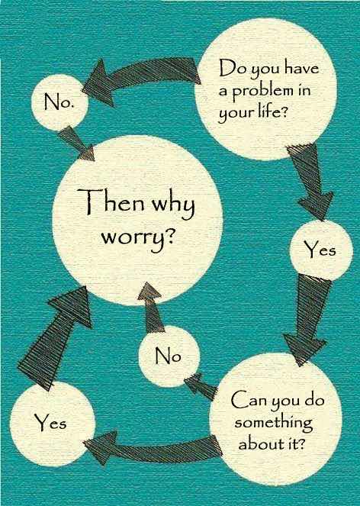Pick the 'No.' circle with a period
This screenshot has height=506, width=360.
click(59, 102)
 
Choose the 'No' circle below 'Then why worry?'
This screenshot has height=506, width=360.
click(169, 356)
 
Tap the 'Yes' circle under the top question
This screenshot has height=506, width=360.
click(320, 250)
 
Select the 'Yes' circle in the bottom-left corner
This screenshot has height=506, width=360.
click(53, 423)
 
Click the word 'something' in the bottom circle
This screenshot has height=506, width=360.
click(274, 424)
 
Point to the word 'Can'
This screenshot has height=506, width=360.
click(247, 401)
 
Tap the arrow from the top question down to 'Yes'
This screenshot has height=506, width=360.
click(312, 181)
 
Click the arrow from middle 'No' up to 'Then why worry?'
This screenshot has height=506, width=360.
click(151, 308)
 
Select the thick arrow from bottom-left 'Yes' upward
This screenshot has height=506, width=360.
click(54, 338)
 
